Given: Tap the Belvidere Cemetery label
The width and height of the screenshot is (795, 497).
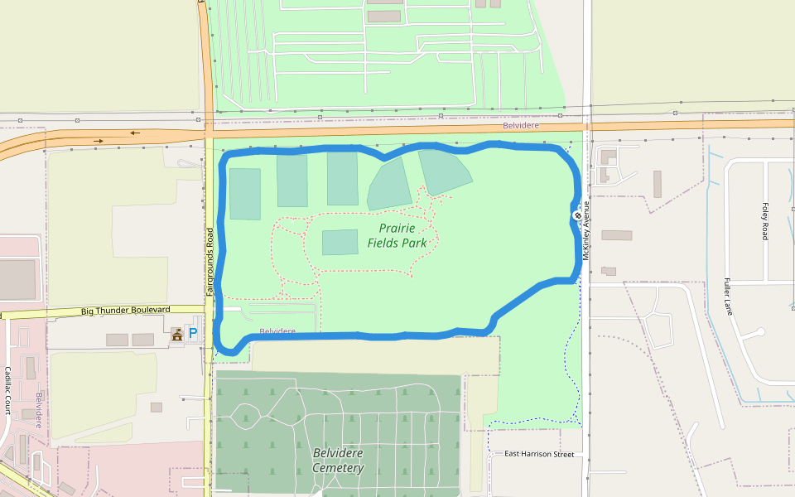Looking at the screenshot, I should coord(338,461).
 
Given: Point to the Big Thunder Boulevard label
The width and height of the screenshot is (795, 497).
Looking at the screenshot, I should coord(125,311).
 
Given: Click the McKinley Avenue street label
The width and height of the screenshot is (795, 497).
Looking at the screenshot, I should coord(586,230).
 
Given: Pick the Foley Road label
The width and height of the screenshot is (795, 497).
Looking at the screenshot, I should coord(764,221).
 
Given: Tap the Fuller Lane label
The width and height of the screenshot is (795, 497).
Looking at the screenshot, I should coord(729,297).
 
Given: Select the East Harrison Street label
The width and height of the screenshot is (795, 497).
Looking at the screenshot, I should coord(539,454).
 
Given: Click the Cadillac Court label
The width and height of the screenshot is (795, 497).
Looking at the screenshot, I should coord(7,390).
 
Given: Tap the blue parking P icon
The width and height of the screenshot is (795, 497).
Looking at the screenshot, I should coord(193,333).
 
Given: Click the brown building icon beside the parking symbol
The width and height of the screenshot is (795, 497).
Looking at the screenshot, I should coord(176,334).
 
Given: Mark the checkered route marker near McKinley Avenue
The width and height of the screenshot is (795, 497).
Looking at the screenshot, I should coord(577,215).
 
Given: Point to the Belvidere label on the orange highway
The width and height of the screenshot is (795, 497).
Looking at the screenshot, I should coord(521,125).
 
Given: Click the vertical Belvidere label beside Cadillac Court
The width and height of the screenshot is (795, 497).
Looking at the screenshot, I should coord(38,408).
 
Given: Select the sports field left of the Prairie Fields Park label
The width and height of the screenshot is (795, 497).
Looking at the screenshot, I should coord(340,242).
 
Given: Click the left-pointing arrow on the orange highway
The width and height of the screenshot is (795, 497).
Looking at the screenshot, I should coord(135,132).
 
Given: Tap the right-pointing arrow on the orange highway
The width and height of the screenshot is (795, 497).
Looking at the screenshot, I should coord(99,141).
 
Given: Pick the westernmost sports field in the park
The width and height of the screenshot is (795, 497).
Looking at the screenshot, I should coord(245,194).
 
